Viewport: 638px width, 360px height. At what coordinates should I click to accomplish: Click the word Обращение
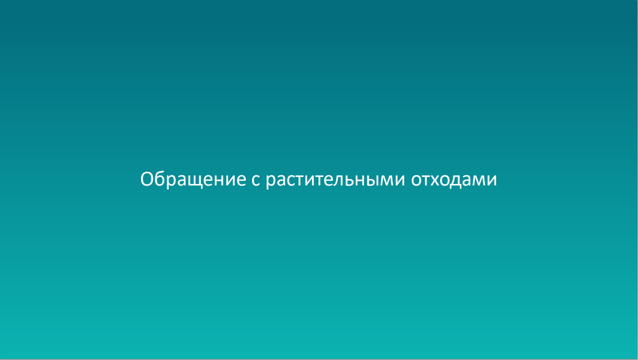point(193,180)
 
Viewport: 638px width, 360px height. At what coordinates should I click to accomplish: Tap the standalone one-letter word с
point(256,180)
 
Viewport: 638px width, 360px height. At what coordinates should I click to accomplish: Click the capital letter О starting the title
point(147,179)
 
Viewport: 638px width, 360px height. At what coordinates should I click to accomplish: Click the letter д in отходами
point(461,181)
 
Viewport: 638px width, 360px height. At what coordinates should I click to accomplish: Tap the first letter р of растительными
point(271,181)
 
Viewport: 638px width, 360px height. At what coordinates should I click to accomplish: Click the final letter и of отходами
point(491,180)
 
